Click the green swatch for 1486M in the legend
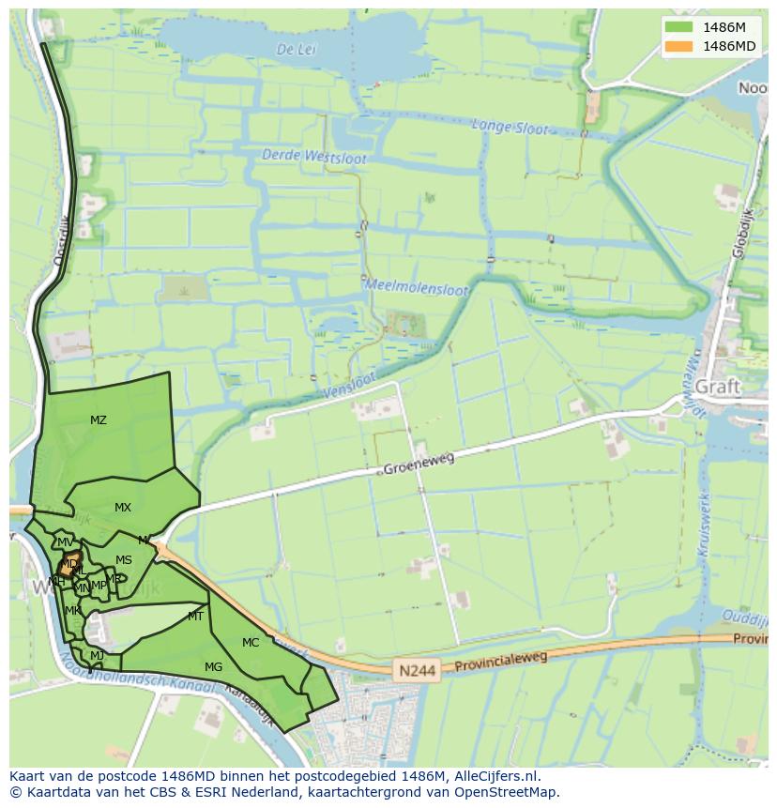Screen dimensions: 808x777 click(678, 28)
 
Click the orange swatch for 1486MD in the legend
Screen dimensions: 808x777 click(678, 46)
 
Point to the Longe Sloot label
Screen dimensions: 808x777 click(510, 127)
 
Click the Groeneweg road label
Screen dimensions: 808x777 click(419, 463)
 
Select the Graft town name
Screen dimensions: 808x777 click(718, 387)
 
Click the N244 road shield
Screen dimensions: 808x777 click(415, 671)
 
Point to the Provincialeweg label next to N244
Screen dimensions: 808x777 click(501, 662)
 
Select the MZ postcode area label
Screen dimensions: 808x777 click(99, 420)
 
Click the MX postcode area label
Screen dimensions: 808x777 click(123, 508)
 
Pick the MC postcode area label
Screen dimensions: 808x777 click(251, 643)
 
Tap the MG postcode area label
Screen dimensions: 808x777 click(214, 667)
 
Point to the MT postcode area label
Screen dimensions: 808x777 click(195, 617)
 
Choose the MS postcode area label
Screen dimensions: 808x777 click(124, 560)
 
